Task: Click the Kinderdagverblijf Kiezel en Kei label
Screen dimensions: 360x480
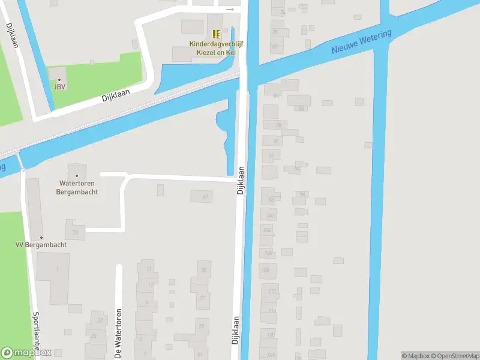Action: pyautogui.click(x=212, y=48)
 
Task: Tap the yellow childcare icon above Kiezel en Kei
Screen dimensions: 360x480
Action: pyautogui.click(x=216, y=34)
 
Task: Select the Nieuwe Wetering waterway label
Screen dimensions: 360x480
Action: pyautogui.click(x=361, y=43)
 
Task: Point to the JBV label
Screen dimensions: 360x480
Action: pyautogui.click(x=59, y=87)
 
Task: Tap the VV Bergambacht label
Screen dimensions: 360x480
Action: pyautogui.click(x=41, y=245)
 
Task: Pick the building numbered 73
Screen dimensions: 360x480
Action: pyautogui.click(x=75, y=232)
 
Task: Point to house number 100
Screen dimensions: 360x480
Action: pyautogui.click(x=270, y=215)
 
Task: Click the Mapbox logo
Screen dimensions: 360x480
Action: pyautogui.click(x=26, y=353)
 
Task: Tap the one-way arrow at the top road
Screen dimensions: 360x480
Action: pyautogui.click(x=230, y=10)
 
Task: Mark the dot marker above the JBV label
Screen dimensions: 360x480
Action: pyautogui.click(x=59, y=79)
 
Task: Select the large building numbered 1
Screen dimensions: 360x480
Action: pyautogui.click(x=58, y=269)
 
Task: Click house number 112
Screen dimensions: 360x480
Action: pyautogui.click(x=272, y=292)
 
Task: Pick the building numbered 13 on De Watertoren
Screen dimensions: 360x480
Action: pyautogui.click(x=149, y=268)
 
